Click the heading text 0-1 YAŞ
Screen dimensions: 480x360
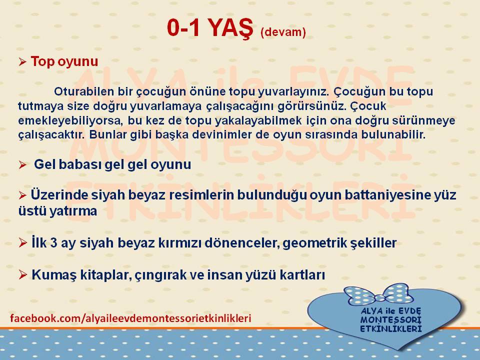pyautogui.click(x=210, y=28)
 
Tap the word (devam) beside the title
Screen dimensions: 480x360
pyautogui.click(x=283, y=32)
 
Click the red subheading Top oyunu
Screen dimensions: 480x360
pyautogui.click(x=64, y=61)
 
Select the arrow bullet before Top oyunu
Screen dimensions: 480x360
pyautogui.click(x=22, y=62)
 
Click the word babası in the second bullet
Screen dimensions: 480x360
pyautogui.click(x=79, y=164)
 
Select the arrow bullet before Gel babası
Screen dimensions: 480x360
pyautogui.click(x=22, y=165)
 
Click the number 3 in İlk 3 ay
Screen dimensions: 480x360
pyautogui.click(x=53, y=243)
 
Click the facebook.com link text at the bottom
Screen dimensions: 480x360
pyautogui.click(x=130, y=318)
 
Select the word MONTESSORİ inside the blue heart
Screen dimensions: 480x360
pyautogui.click(x=391, y=320)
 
